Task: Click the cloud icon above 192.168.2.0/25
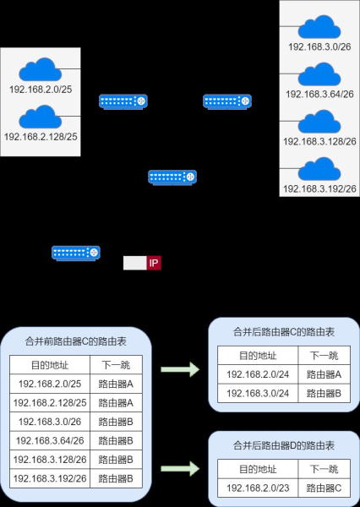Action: tap(41, 69)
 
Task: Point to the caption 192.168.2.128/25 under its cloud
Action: tap(41, 136)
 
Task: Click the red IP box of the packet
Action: tap(154, 263)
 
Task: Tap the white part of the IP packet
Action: tap(134, 263)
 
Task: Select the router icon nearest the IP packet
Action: tap(76, 252)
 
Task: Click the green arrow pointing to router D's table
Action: tap(178, 467)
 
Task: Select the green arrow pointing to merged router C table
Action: tap(178, 368)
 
